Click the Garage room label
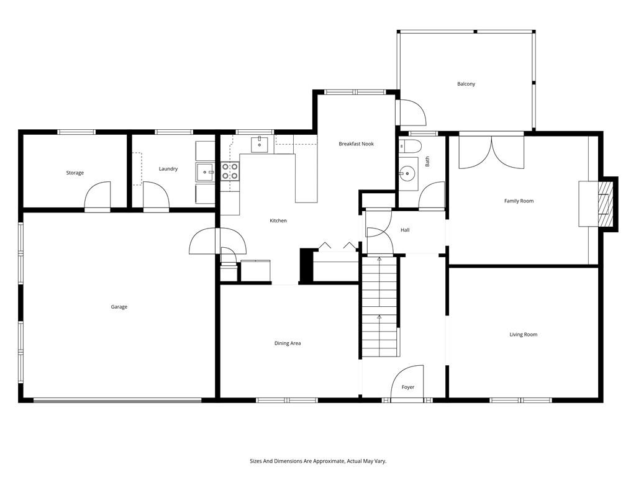coord(119,307)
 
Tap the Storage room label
coord(75,173)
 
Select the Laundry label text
coord(168,169)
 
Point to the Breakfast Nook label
coord(357,144)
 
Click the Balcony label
coord(466,84)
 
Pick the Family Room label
coord(519,201)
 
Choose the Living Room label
coord(523,335)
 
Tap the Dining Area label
coord(288,343)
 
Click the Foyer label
coord(407,388)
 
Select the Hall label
coord(405,230)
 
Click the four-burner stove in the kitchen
coord(230,171)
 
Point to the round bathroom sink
coord(409,171)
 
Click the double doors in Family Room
coord(491,152)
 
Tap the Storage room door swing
coord(98,196)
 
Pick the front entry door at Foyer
coord(408,380)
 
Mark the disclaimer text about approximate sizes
coord(318,461)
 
